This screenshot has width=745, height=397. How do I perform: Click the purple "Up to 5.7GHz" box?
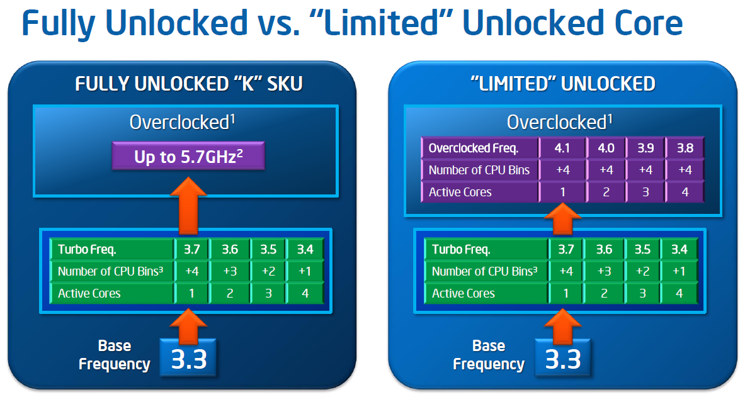click(188, 156)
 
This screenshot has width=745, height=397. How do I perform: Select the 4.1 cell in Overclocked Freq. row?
click(562, 148)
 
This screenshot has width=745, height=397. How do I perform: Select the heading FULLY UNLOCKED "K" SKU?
click(188, 84)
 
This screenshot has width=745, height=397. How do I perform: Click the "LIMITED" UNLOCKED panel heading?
click(562, 84)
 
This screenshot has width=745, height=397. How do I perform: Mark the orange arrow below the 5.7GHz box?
click(188, 203)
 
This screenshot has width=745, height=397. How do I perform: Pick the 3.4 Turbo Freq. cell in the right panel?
click(680, 250)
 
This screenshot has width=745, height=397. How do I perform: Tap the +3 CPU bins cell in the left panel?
click(230, 271)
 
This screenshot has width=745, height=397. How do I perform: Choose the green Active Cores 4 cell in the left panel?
click(305, 293)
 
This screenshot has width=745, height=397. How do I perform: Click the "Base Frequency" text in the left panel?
click(115, 355)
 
